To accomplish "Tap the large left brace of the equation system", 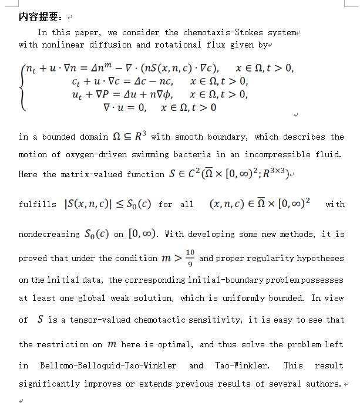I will tap(23, 88).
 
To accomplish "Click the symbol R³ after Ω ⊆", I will tap(139, 136).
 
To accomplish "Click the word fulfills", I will tap(38, 205).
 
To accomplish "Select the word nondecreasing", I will tap(49, 235).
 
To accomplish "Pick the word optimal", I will tap(173, 344).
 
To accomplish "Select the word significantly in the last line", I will tap(47, 384).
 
